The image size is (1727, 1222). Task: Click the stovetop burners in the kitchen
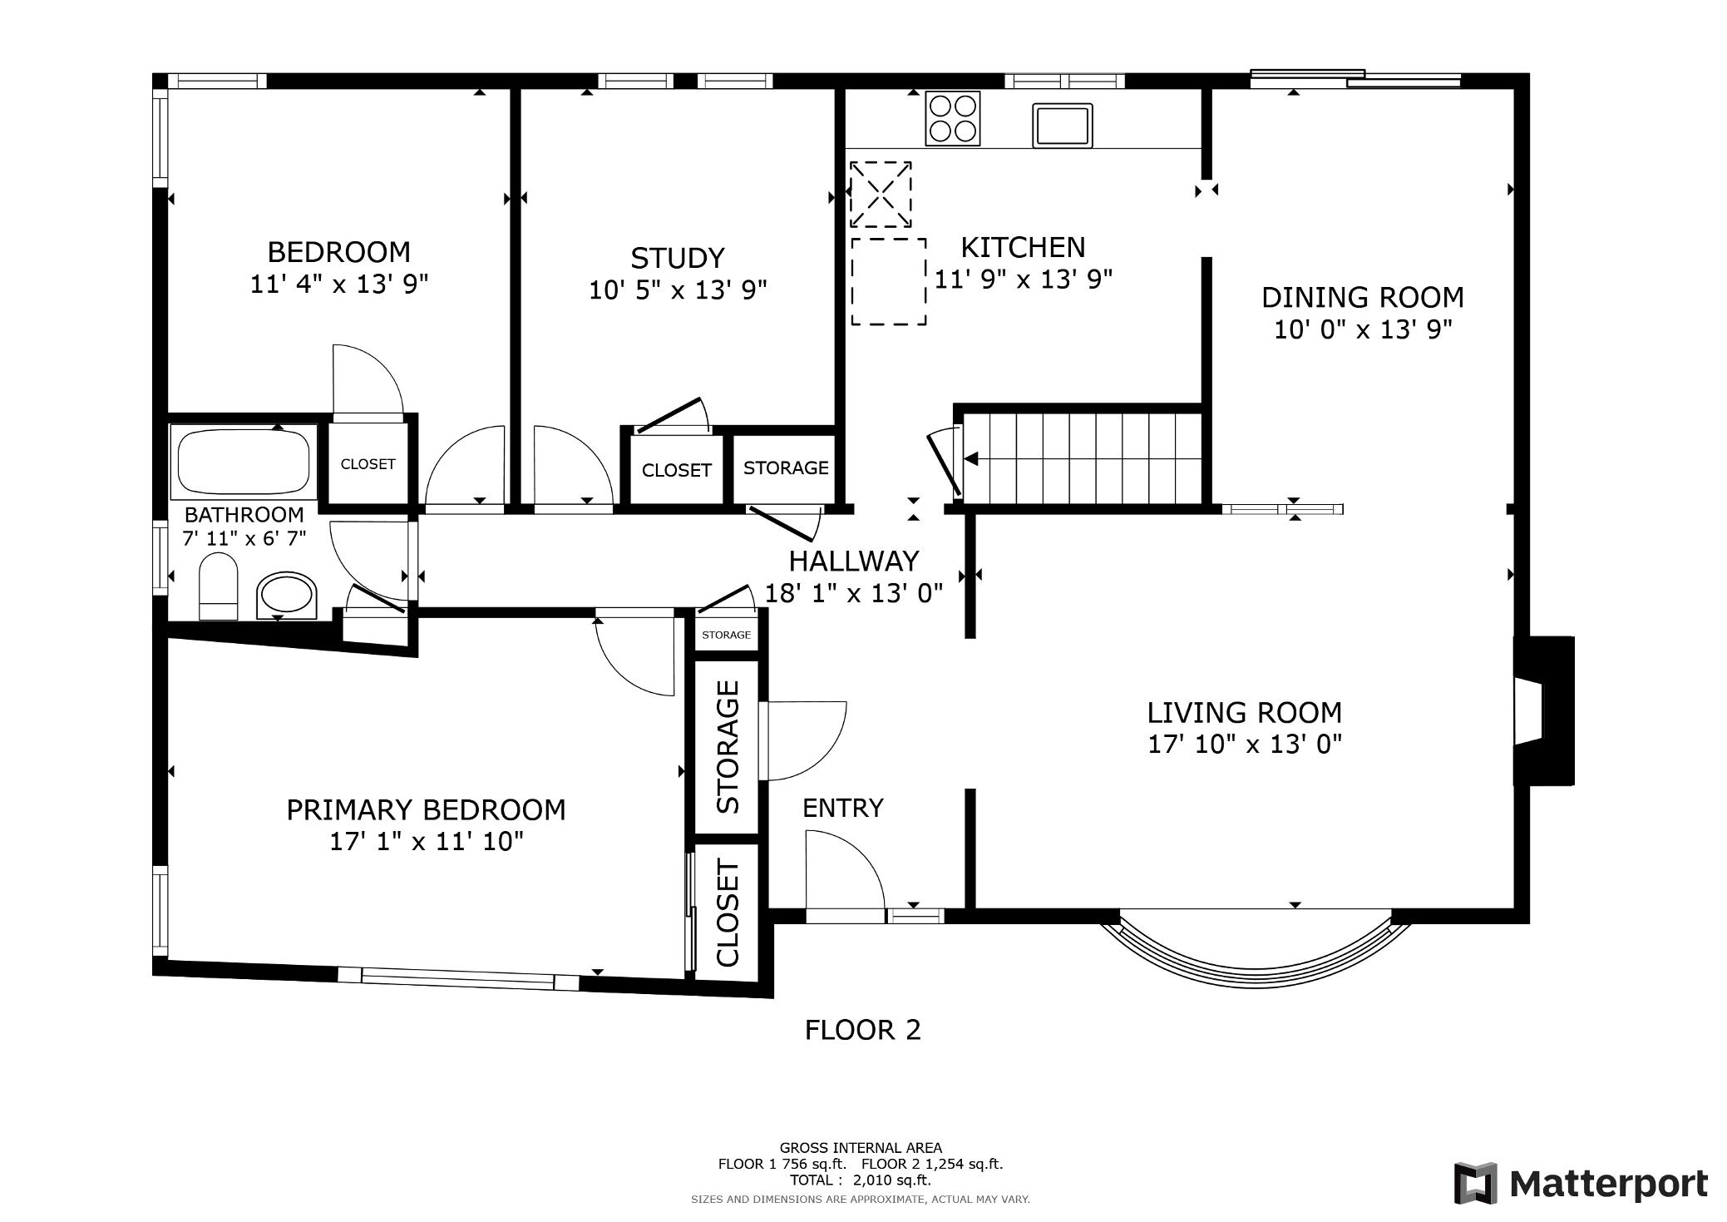coord(952,118)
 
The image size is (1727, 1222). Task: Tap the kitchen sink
coord(1063,126)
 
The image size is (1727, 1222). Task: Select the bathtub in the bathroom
coord(244,459)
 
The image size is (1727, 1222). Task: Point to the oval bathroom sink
coord(287,596)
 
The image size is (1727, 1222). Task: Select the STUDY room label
coord(677,258)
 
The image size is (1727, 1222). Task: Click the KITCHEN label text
coord(1023,247)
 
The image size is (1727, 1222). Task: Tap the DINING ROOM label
coord(1363,297)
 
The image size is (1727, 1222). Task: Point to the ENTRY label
coord(842,808)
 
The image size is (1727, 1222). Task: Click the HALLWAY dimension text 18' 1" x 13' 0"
coord(854,593)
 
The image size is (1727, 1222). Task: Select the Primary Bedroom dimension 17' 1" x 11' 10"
coord(427,842)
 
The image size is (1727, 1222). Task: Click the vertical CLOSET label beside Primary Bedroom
coord(728,913)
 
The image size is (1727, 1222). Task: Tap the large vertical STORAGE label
coord(728,746)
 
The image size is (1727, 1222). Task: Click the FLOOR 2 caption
coord(862,1031)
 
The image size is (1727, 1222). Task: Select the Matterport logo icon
coord(1475,1183)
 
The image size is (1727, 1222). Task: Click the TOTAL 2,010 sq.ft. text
coord(861,1180)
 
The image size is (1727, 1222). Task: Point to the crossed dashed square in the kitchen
coord(881,195)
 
